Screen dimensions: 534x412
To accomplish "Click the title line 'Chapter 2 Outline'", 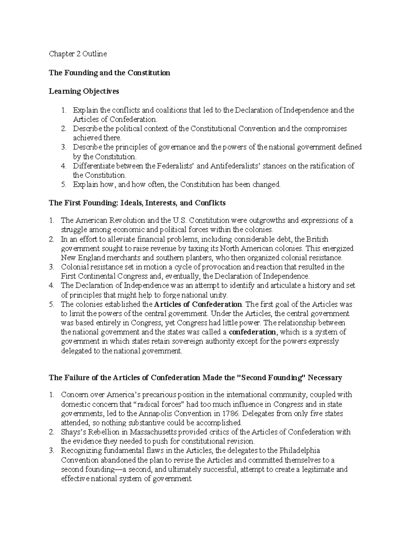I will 78,54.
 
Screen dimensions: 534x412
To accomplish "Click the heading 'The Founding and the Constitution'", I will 110,73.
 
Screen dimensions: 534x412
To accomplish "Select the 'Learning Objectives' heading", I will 84,91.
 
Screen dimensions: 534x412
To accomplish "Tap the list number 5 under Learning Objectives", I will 64,185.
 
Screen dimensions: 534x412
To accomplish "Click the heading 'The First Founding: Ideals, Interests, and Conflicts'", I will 137,203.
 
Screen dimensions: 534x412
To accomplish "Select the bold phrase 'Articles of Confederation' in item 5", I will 198,304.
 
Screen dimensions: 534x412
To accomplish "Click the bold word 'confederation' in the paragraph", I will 252,332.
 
